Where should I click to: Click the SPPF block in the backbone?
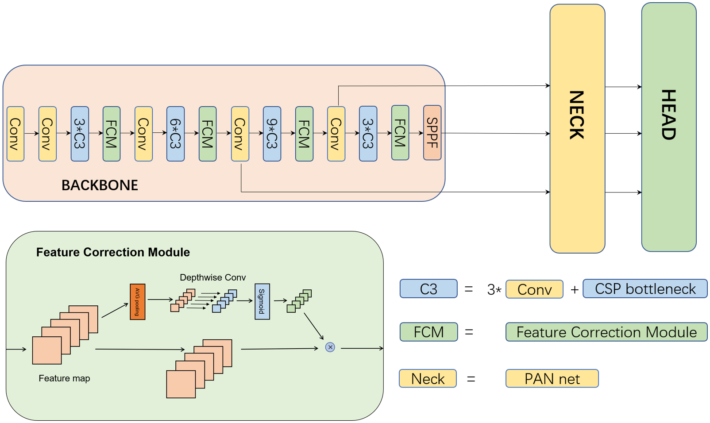pyautogui.click(x=432, y=133)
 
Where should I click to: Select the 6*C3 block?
pyautogui.click(x=176, y=134)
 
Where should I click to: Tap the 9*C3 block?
pyautogui.click(x=272, y=134)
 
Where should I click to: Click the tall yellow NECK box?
pyautogui.click(x=577, y=128)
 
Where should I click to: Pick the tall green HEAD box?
pyautogui.click(x=668, y=127)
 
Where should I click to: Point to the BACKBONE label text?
pyautogui.click(x=100, y=185)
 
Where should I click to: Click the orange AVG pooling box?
pyautogui.click(x=138, y=302)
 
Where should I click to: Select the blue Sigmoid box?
pyautogui.click(x=262, y=301)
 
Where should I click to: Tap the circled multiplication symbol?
pyautogui.click(x=330, y=347)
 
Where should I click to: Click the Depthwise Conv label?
pyautogui.click(x=212, y=277)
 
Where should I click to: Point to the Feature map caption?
pyautogui.click(x=64, y=378)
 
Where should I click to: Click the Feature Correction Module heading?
pyautogui.click(x=113, y=252)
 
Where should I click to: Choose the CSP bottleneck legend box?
pyautogui.click(x=645, y=289)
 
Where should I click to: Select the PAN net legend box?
pyautogui.click(x=552, y=379)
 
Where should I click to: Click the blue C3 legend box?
pyautogui.click(x=428, y=289)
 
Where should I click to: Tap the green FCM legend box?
pyautogui.click(x=428, y=332)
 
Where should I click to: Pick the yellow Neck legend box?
pyautogui.click(x=428, y=379)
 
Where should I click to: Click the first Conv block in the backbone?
pyautogui.click(x=15, y=134)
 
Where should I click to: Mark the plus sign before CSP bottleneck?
pyautogui.click(x=575, y=290)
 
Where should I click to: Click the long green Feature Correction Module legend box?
pyautogui.click(x=606, y=332)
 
